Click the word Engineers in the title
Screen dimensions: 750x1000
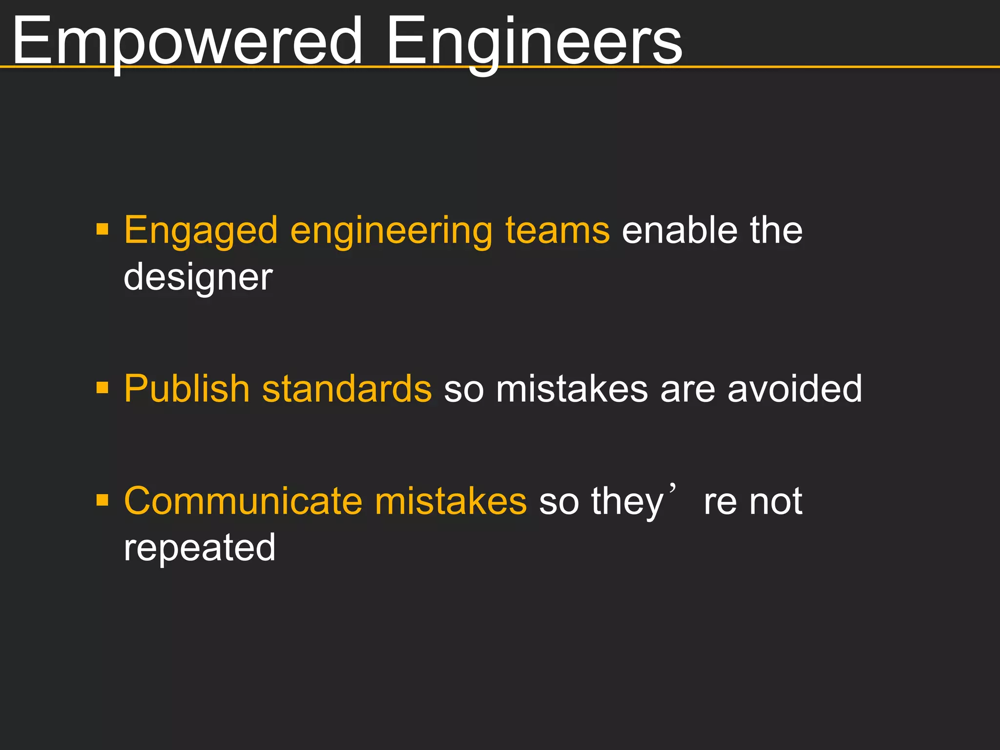534,42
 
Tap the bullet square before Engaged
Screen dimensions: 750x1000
103,229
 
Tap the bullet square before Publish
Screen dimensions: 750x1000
103,388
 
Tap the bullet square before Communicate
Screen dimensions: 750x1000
103,500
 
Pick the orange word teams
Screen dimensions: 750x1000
557,230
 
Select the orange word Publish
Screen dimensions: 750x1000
187,389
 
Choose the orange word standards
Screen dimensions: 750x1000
347,389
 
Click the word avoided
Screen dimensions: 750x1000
794,389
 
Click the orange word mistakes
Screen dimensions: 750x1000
451,501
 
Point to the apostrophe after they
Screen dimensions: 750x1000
673,488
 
